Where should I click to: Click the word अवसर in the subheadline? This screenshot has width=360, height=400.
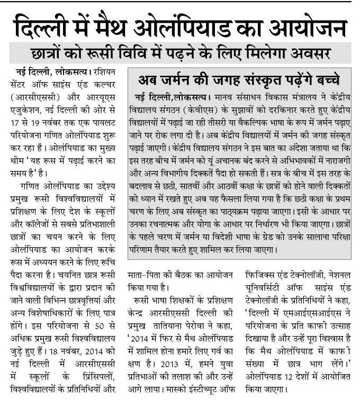click(313, 53)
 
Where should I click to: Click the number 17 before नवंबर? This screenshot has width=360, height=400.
click(16, 123)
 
